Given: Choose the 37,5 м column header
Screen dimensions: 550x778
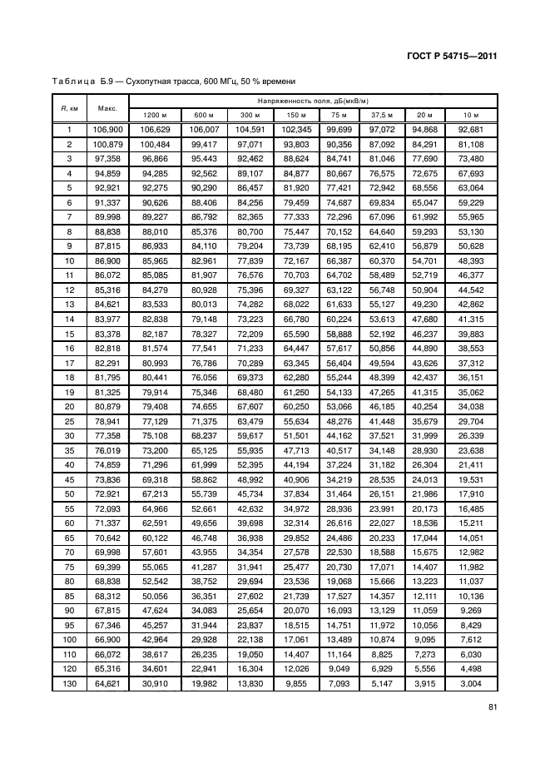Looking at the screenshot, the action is [x=382, y=115].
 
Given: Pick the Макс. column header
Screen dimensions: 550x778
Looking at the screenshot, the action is [x=107, y=107].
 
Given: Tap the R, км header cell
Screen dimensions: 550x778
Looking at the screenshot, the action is [x=69, y=107].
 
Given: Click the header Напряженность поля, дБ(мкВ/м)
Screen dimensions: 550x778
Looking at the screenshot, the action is [x=313, y=100].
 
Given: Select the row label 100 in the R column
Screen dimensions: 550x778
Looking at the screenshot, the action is [x=69, y=641].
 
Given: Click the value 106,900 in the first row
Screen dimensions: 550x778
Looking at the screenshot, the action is [x=107, y=130].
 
